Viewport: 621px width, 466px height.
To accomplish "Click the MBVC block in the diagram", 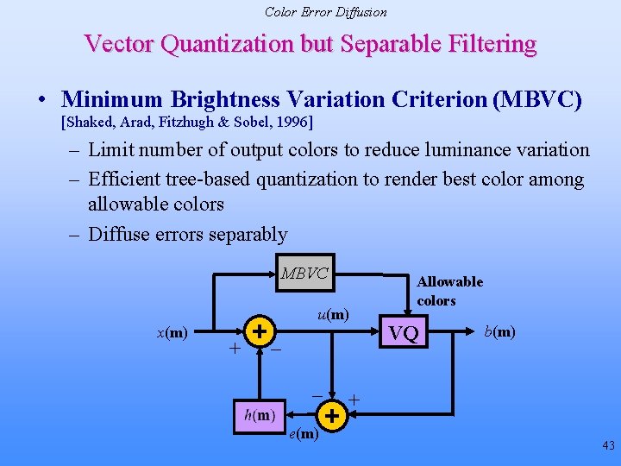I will [304, 274].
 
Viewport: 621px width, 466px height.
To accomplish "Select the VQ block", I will [404, 333].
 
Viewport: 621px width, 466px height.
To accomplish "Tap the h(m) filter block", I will [260, 415].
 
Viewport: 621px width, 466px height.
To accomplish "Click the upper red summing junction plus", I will [260, 330].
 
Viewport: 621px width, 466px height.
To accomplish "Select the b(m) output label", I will [500, 331].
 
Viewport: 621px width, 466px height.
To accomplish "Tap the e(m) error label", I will [303, 434].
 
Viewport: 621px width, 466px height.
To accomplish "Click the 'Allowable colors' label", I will [449, 291].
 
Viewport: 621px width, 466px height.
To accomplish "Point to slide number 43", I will [608, 446].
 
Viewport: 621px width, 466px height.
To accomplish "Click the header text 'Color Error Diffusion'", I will [325, 12].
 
